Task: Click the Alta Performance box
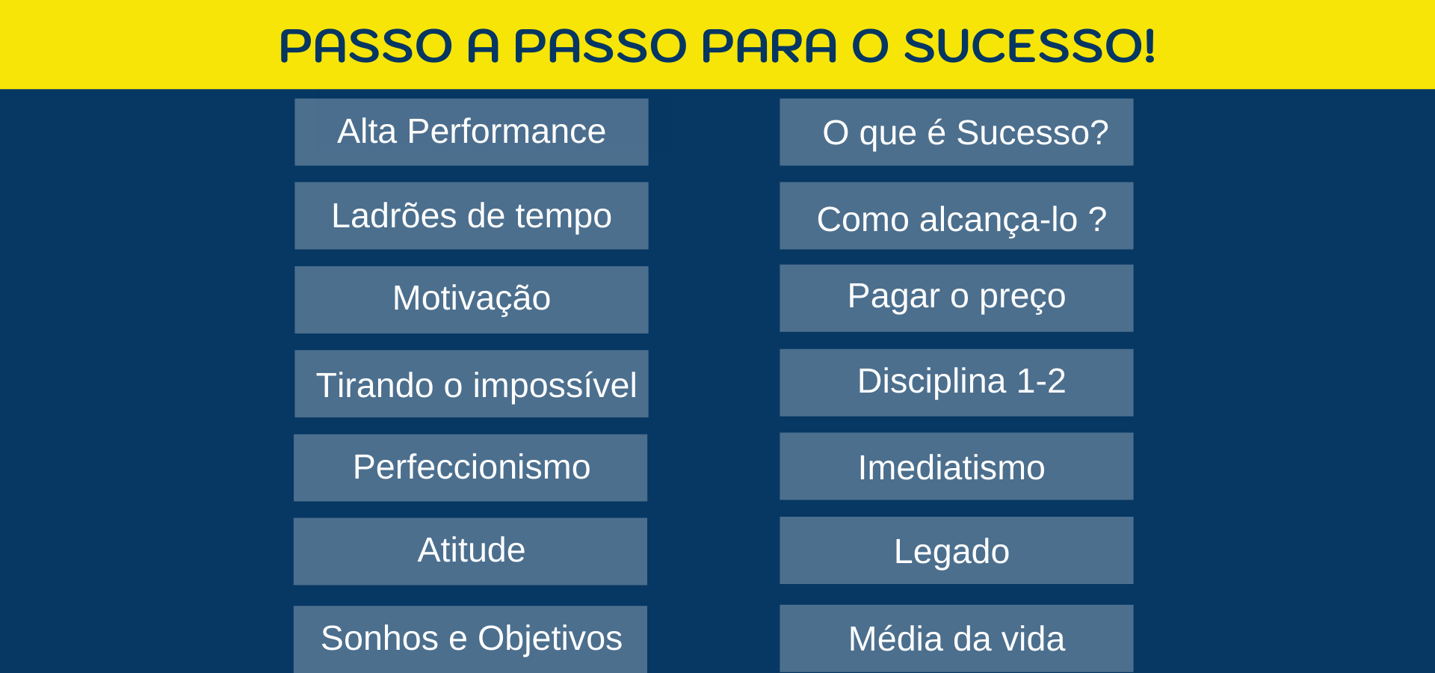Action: pos(472,132)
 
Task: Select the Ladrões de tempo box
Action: pos(472,216)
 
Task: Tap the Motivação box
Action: pos(472,300)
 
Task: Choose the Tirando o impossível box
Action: pos(472,384)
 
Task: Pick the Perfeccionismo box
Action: pos(471,468)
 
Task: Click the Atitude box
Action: pos(471,552)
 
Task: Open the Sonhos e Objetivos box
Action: pos(471,639)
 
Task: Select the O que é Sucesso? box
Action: pos(957,132)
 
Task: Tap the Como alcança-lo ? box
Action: pos(957,216)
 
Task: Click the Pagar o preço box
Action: pos(957,298)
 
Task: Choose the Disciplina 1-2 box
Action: pos(957,383)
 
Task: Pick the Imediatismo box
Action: pos(957,467)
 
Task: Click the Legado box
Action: pos(957,550)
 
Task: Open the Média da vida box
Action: pos(957,639)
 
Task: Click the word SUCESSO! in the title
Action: pos(1030,46)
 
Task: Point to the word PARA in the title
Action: pos(769,46)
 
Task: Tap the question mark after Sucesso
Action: pos(1099,132)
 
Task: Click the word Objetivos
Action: pos(550,639)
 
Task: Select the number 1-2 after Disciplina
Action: pos(1041,381)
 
